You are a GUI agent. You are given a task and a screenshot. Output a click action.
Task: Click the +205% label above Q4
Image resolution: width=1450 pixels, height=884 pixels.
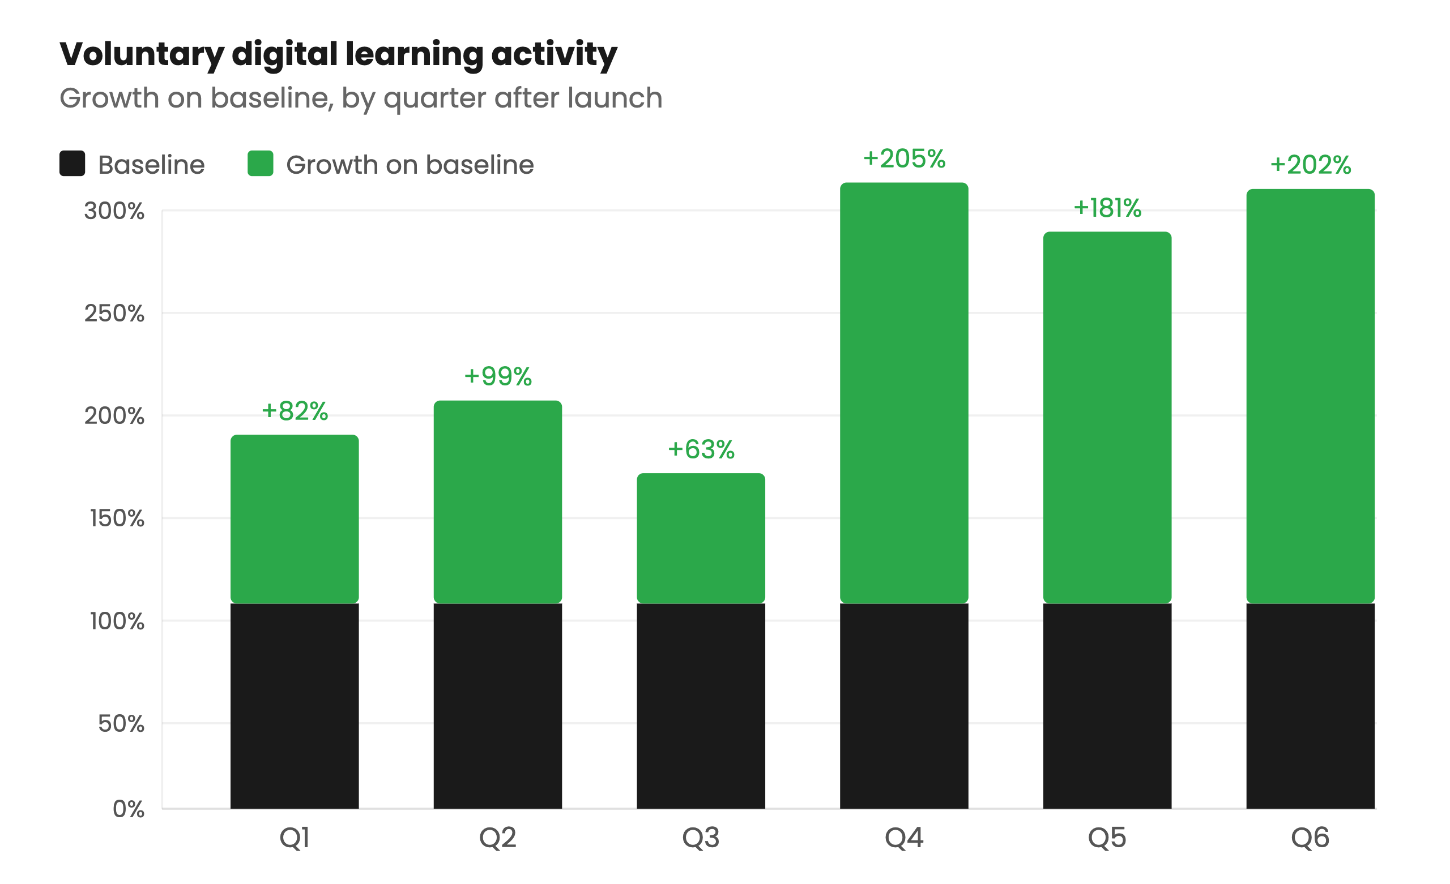coord(904,159)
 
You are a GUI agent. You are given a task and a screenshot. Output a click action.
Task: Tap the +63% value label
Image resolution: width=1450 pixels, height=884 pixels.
coord(701,450)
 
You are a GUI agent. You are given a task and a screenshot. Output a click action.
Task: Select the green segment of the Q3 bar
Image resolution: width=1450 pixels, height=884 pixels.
coord(701,538)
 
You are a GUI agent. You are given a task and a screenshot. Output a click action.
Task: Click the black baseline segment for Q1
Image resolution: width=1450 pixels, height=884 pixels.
coord(294,706)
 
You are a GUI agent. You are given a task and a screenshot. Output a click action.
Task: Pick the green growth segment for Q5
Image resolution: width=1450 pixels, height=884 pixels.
coord(1107,418)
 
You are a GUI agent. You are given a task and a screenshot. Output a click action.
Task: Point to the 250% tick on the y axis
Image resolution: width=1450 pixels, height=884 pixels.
coord(114,314)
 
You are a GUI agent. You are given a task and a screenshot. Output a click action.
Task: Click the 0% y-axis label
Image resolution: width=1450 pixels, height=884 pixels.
coord(128,809)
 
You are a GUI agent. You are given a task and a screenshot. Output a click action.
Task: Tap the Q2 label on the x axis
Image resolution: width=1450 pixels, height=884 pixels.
coord(497,838)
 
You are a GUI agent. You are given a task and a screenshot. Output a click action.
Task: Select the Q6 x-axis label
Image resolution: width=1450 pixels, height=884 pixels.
coord(1310,838)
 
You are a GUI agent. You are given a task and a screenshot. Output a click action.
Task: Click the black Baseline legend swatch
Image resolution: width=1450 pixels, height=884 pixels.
coord(72,164)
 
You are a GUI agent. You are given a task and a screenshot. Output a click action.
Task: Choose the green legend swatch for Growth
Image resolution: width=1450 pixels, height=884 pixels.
coord(260,164)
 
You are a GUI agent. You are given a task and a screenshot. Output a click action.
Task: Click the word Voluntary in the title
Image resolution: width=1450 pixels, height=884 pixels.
coord(141,54)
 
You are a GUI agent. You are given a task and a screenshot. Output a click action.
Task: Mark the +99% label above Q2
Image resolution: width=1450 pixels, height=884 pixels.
coord(498,376)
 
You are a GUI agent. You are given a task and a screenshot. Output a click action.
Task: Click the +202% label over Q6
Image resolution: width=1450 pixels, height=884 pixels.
coord(1310,165)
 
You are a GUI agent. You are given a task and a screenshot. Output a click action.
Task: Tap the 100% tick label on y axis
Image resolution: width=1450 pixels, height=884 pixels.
coord(117,621)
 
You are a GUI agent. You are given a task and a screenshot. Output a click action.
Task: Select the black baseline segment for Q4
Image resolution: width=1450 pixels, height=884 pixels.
coord(904,706)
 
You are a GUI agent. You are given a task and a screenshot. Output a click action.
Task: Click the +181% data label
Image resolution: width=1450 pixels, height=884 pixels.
coord(1107,208)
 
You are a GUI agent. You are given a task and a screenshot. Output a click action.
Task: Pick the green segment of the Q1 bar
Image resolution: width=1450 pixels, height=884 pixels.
coord(294,519)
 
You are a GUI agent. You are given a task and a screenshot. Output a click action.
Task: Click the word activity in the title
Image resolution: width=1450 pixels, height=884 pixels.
coord(554,54)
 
